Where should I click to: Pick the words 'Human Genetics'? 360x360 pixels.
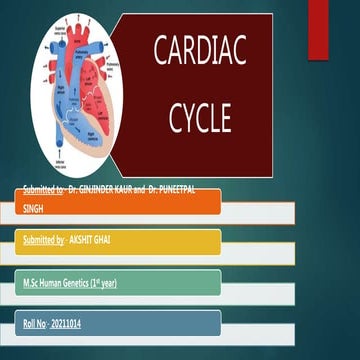64,283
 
